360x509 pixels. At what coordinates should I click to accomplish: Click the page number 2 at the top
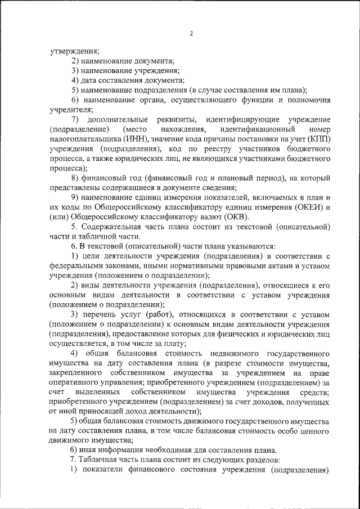[191, 34]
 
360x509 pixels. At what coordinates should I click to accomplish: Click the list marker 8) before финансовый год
[75, 178]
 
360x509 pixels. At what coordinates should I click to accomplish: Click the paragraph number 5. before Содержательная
[74, 227]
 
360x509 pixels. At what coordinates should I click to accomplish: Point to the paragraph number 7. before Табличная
[74, 460]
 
